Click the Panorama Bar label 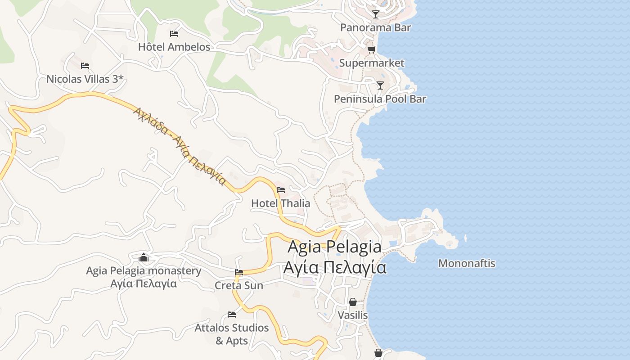tap(375, 27)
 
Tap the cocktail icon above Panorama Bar tap(376, 14)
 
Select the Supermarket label tap(372, 63)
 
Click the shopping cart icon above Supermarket tap(371, 49)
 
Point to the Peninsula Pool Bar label tap(380, 99)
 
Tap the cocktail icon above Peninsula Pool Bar tap(380, 85)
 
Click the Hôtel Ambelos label tap(174, 47)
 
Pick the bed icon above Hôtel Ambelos tap(174, 33)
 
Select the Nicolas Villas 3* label tap(85, 79)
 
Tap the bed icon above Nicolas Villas tap(85, 66)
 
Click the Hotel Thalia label tap(280, 203)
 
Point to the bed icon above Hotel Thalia tap(281, 189)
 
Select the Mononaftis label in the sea tap(467, 263)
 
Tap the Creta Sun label tap(239, 285)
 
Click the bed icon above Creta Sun tap(239, 272)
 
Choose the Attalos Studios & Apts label tap(232, 334)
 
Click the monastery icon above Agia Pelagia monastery tap(144, 257)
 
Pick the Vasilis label tap(353, 315)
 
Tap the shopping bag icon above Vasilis tap(353, 301)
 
